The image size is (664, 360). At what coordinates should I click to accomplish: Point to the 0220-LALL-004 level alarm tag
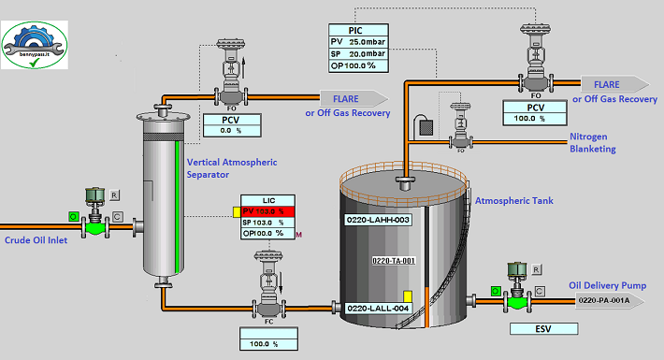click(379, 307)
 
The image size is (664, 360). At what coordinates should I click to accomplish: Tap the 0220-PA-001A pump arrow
click(609, 300)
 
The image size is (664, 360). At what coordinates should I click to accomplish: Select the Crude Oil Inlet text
click(36, 239)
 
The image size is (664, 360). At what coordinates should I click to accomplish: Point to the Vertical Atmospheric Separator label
click(231, 168)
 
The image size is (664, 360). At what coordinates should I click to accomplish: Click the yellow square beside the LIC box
click(237, 211)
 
